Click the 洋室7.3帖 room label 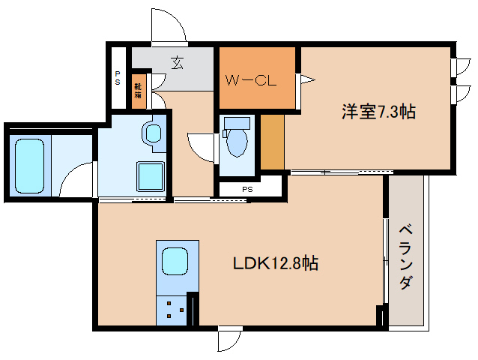378,112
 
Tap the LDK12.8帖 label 276,263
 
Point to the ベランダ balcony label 405,256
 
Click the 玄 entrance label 177,63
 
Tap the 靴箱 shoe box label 139,89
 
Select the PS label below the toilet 246,189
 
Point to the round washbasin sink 153,134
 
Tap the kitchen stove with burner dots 173,310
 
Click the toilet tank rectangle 237,122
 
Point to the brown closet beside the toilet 272,142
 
